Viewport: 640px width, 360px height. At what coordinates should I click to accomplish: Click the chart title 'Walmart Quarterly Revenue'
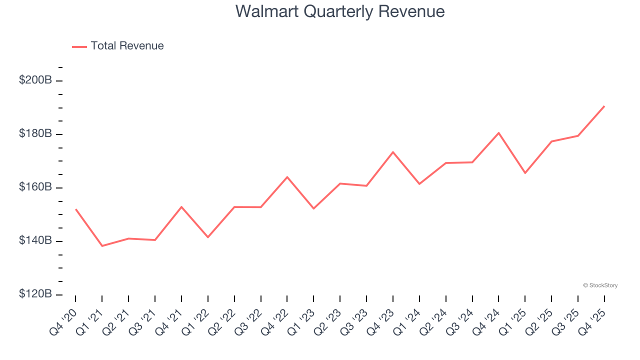(x=340, y=11)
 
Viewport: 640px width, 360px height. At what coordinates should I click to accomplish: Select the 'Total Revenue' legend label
(x=127, y=46)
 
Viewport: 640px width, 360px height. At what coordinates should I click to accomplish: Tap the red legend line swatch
(x=79, y=46)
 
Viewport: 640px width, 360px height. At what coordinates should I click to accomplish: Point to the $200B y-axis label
(x=35, y=80)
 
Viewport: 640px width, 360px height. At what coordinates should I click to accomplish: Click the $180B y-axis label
(x=35, y=134)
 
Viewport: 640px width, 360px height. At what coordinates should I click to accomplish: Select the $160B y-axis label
(x=35, y=187)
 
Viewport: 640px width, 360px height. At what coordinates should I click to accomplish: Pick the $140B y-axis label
(x=35, y=241)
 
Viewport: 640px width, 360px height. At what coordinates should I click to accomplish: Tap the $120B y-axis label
(x=35, y=294)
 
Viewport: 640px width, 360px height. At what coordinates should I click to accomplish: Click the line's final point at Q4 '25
(x=604, y=106)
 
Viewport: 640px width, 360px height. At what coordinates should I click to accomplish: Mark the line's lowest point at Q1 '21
(x=102, y=246)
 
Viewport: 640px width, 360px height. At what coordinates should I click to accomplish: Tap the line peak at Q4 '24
(x=498, y=133)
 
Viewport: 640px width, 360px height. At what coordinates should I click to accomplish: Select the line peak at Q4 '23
(x=393, y=152)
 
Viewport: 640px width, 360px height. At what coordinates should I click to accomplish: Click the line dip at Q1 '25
(x=525, y=173)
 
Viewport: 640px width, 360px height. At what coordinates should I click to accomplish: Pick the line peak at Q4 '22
(x=287, y=177)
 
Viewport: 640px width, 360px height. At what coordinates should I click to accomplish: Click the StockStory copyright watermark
(x=600, y=285)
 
